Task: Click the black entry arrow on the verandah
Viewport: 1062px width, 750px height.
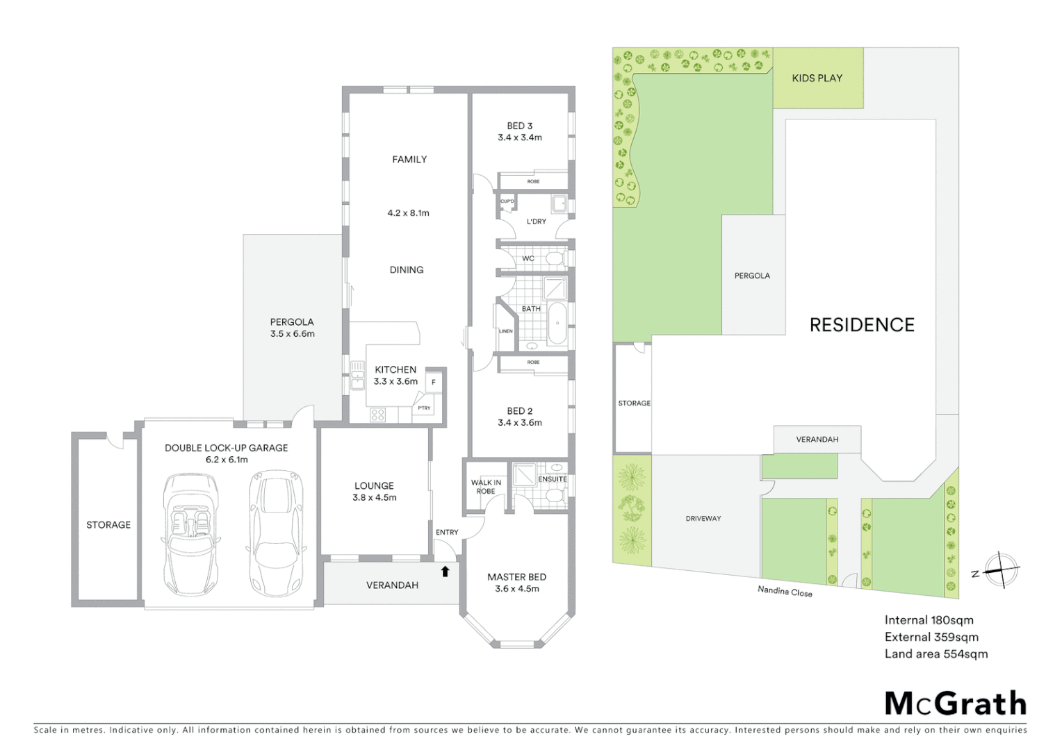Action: coord(446,572)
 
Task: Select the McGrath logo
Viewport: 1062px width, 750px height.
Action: coord(955,703)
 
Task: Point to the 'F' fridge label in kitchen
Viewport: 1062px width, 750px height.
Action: coord(434,382)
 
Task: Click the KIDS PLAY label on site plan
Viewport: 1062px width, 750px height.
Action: coord(817,78)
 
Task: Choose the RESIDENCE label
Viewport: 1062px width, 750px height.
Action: coord(862,325)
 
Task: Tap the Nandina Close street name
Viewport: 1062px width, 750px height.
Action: coord(785,591)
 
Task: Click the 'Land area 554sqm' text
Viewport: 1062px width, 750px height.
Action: coord(936,653)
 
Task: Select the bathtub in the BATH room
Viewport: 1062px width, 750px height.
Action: coord(557,324)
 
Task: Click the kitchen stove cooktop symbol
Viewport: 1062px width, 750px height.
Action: coord(377,415)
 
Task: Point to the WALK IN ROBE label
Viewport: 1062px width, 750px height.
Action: coord(486,487)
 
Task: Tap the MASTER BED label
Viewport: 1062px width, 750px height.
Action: coord(516,577)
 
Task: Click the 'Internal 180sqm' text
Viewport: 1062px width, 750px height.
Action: coord(929,620)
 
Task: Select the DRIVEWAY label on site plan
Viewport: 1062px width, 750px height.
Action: coord(703,519)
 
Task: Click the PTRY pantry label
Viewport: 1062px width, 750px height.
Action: coord(424,408)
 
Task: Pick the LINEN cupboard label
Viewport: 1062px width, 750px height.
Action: coord(505,331)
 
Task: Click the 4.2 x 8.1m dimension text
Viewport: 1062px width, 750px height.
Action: coord(408,213)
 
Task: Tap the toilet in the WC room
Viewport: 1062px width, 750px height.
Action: coord(554,259)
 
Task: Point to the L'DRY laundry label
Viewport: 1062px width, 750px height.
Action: coord(536,222)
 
